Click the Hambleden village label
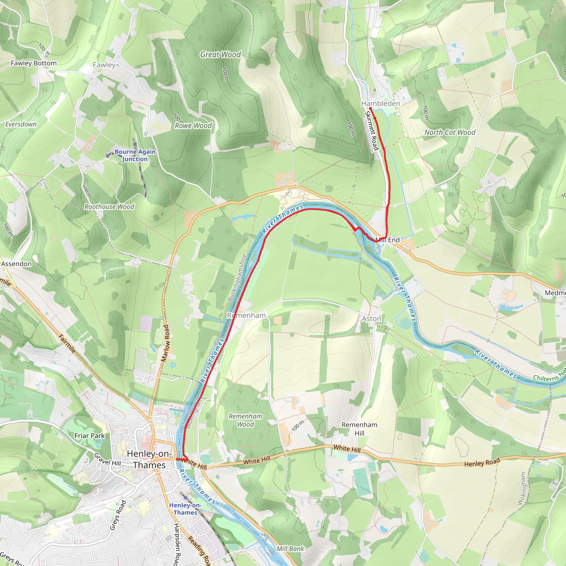[380, 103]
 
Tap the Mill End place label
[387, 240]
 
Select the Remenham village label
[246, 315]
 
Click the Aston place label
[371, 318]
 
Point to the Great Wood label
[220, 54]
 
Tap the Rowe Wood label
[193, 126]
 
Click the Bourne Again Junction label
[135, 155]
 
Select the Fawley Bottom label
[33, 63]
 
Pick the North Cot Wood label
[450, 132]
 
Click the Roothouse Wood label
[109, 206]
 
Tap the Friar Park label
[89, 436]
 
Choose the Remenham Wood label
[245, 420]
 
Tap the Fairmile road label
[67, 344]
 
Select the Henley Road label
[482, 462]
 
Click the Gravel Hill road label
[107, 459]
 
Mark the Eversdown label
[21, 124]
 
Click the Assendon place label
[16, 264]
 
